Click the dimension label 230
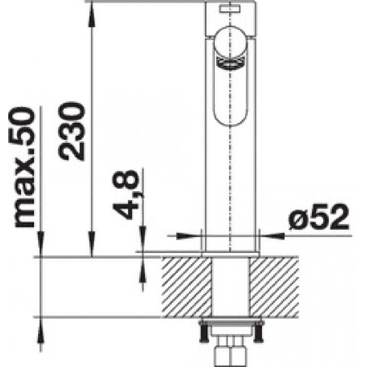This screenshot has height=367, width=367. pos(71,131)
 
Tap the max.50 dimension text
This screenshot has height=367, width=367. pos(22,167)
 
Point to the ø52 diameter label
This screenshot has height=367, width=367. pos(318,217)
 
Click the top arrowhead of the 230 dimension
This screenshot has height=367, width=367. pos(91,13)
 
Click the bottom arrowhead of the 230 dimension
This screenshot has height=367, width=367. pos(91,244)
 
